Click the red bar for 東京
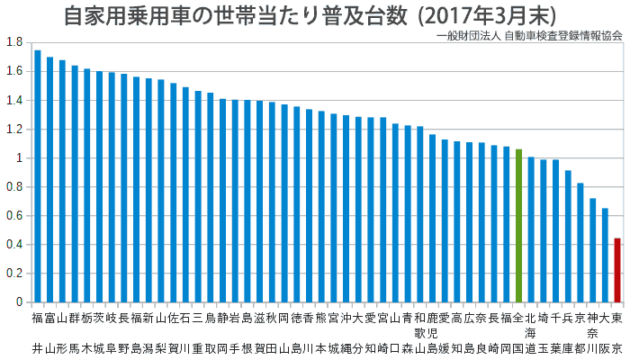point(617,270)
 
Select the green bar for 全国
point(518,225)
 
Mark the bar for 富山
point(49,180)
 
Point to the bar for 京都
point(580,243)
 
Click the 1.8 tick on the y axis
point(14,42)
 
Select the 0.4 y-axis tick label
point(14,245)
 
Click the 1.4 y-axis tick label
point(14,100)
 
